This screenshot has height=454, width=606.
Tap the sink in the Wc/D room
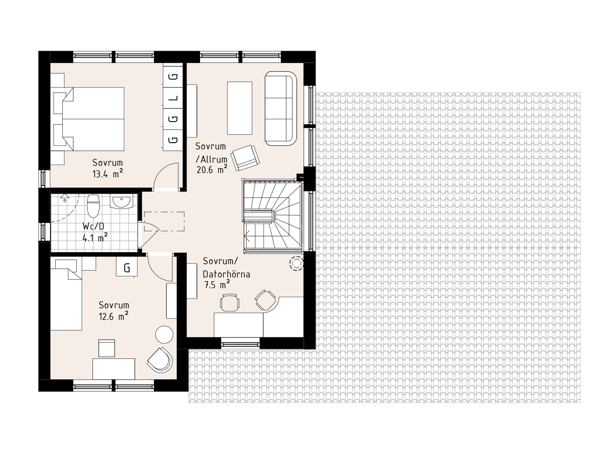[x=122, y=202]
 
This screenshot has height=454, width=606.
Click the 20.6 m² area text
[x=212, y=169]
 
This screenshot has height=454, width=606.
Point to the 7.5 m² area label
[x=217, y=284]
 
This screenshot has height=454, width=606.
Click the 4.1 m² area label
[x=95, y=237]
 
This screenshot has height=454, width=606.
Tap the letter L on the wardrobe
[x=173, y=98]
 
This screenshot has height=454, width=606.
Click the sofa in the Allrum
[x=281, y=108]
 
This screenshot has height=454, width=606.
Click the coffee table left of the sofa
[x=240, y=108]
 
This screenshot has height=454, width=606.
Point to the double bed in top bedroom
[x=89, y=119]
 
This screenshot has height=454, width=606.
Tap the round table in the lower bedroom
[x=164, y=334]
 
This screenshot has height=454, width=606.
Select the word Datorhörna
[x=226, y=274]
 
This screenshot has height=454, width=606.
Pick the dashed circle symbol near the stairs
[x=296, y=263]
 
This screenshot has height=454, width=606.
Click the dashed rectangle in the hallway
[x=164, y=221]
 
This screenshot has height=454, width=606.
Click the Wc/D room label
[x=94, y=226]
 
